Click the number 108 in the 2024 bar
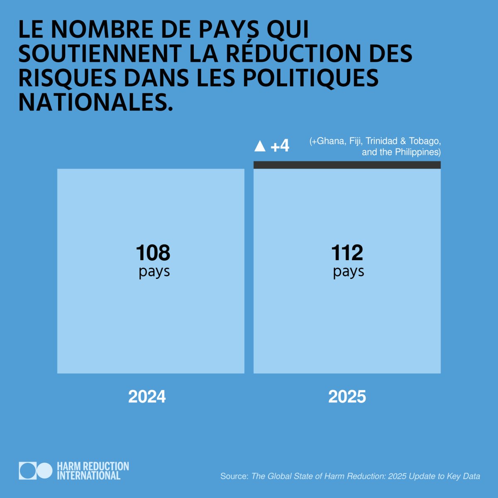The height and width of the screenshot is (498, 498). coord(153,253)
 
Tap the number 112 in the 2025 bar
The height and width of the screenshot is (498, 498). coord(347,253)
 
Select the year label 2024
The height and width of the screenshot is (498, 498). coord(147,397)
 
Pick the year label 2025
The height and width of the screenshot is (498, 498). coord(347,397)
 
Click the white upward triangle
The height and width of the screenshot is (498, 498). coord(260,146)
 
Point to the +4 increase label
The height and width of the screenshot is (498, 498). coord(280,146)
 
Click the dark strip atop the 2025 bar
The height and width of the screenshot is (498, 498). coord(347,165)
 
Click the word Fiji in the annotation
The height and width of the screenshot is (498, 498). coord(356,141)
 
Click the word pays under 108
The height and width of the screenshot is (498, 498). coord(154,272)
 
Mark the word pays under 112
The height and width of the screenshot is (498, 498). coord(348,272)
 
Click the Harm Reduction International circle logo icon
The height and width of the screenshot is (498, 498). coord(36,471)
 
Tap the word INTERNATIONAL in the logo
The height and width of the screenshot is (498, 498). coord(88,476)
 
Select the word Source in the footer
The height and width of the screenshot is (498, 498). coord(234,476)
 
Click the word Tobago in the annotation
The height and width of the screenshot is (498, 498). coord(424,141)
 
